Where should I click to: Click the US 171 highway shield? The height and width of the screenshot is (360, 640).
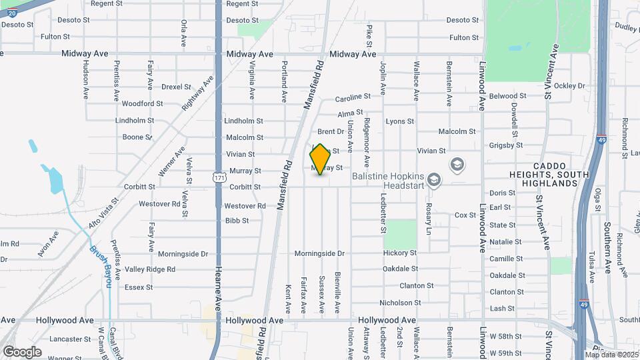pyautogui.click(x=219, y=177)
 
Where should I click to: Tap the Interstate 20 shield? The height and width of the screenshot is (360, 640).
pyautogui.click(x=12, y=13)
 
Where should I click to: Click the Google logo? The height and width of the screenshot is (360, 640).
pyautogui.click(x=22, y=352)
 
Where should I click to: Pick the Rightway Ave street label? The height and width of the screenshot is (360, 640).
pyautogui.click(x=198, y=93)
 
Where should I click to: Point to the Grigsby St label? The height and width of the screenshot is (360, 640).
pyautogui.click(x=506, y=145)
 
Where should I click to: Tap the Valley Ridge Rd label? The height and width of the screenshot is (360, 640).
pyautogui.click(x=150, y=269)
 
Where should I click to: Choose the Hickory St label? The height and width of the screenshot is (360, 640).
pyautogui.click(x=400, y=253)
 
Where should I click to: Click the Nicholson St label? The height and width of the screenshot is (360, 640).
pyautogui.click(x=400, y=303)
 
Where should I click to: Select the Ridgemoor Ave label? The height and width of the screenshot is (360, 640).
pyautogui.click(x=367, y=143)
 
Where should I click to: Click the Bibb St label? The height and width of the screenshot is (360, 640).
pyautogui.click(x=237, y=221)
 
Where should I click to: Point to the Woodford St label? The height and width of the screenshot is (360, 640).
pyautogui.click(x=142, y=103)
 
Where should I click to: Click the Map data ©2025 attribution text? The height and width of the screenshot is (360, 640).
pyautogui.click(x=611, y=354)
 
